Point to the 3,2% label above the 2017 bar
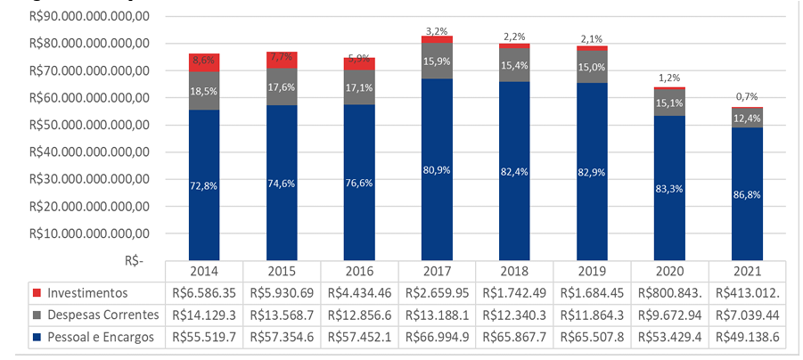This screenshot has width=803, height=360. click(x=438, y=30)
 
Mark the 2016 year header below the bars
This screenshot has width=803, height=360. click(x=359, y=270)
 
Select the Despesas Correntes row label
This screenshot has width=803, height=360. click(x=102, y=314)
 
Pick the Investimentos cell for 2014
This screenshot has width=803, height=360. click(x=204, y=292)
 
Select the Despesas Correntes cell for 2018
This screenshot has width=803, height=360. click(x=515, y=314)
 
